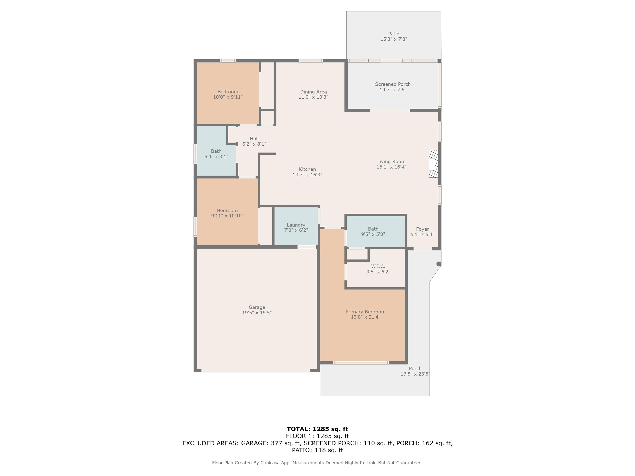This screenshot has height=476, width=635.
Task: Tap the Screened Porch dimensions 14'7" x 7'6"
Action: (x=393, y=89)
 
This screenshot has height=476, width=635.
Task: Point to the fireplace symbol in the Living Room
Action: (x=433, y=164)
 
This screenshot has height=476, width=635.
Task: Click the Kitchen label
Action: (x=307, y=169)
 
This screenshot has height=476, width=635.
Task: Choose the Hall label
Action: (x=254, y=139)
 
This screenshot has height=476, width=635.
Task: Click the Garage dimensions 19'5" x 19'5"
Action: (x=257, y=312)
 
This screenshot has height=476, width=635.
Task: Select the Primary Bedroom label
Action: (x=365, y=312)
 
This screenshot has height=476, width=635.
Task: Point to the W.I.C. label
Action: (x=378, y=266)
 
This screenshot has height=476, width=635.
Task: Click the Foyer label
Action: (x=422, y=229)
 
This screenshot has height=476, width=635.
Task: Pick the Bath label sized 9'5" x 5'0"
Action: (x=373, y=229)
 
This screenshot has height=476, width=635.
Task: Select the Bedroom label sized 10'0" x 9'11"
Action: (x=228, y=92)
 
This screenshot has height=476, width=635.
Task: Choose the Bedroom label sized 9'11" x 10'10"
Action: (x=227, y=210)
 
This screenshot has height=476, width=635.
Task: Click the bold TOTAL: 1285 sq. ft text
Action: (x=317, y=429)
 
